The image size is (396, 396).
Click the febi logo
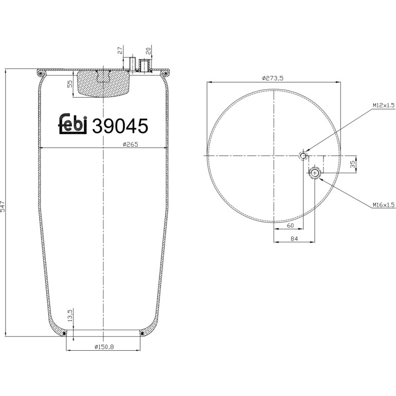tap(73, 123)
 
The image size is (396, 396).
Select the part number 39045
tap(120, 126)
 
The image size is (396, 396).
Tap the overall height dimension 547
tap(2, 206)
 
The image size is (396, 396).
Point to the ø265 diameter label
tap(131, 144)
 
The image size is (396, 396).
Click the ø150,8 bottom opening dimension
tap(104, 347)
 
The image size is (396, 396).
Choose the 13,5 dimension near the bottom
tap(70, 315)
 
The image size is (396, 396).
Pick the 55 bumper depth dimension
tap(70, 84)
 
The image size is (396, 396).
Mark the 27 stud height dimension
tap(120, 50)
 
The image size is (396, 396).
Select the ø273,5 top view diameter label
tap(273, 78)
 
